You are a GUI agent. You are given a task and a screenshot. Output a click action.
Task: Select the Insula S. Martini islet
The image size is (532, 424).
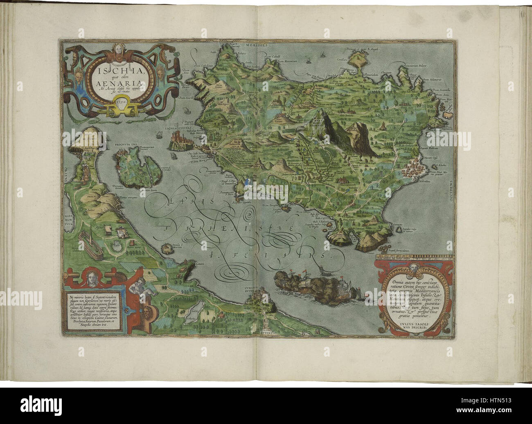tap(167, 248)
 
